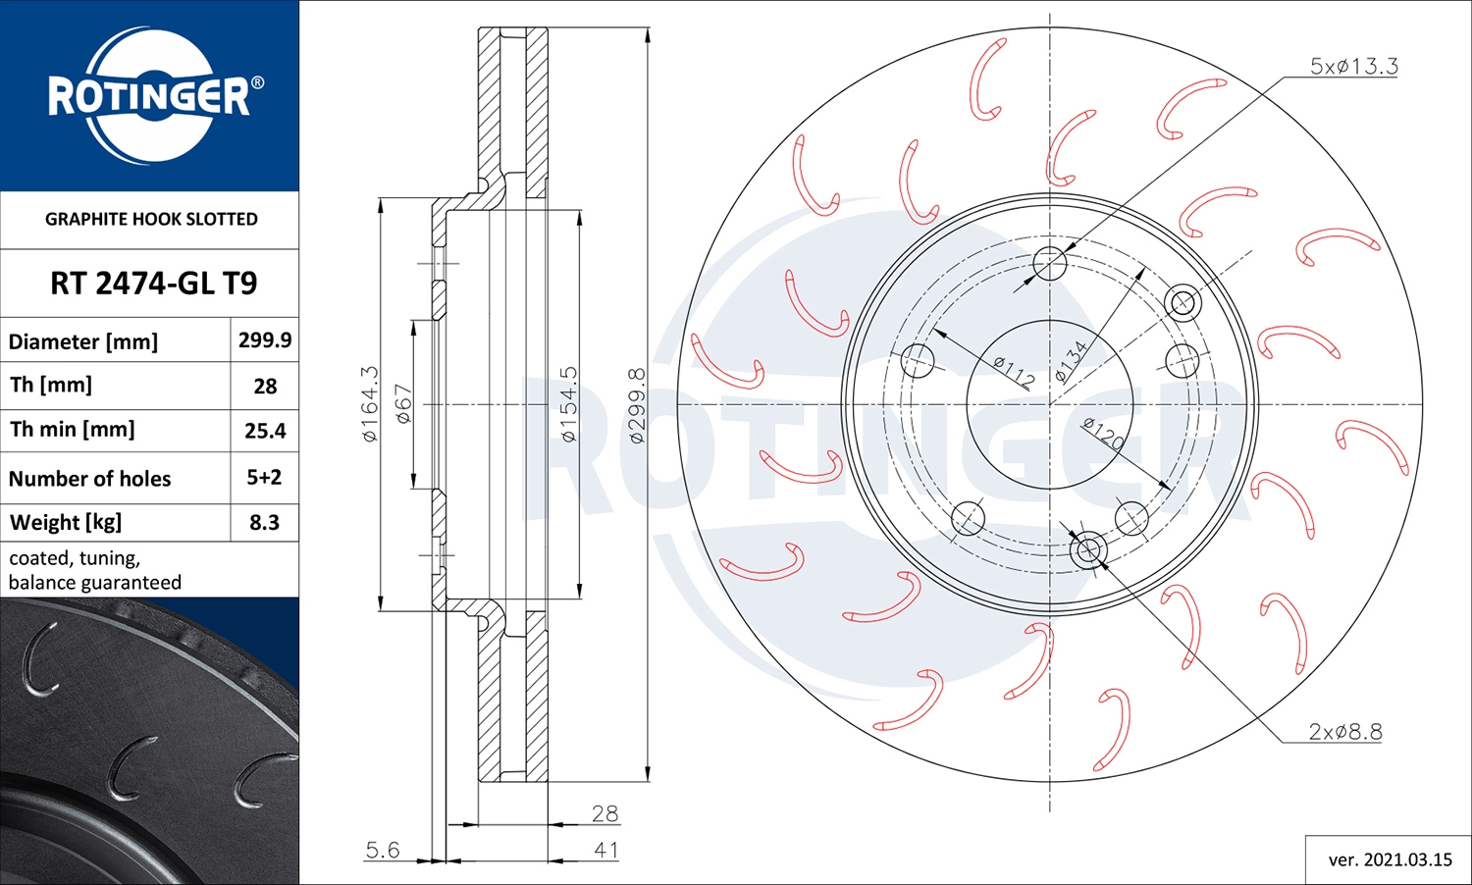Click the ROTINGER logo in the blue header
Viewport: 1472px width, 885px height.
pyautogui.click(x=150, y=95)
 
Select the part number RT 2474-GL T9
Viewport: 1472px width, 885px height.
pyautogui.click(x=153, y=283)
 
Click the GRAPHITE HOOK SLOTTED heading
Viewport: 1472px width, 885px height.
pyautogui.click(x=151, y=219)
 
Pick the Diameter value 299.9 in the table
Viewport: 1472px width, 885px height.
pyautogui.click(x=264, y=339)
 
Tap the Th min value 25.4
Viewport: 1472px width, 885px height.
pyautogui.click(x=265, y=431)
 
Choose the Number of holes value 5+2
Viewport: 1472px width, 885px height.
pyautogui.click(x=264, y=477)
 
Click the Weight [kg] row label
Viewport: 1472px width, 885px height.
pyautogui.click(x=66, y=522)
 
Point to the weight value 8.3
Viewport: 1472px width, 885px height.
pyautogui.click(x=264, y=522)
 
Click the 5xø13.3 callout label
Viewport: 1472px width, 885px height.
pyautogui.click(x=1353, y=66)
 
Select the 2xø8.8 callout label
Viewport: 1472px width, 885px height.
pyautogui.click(x=1344, y=731)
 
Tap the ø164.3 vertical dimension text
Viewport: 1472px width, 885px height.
pyautogui.click(x=370, y=403)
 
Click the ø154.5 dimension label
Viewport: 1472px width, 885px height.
pyautogui.click(x=569, y=403)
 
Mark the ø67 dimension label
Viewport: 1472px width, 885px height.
pyautogui.click(x=403, y=403)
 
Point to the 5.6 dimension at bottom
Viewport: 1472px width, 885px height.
pyautogui.click(x=382, y=849)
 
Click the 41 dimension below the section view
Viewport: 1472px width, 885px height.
pyautogui.click(x=605, y=850)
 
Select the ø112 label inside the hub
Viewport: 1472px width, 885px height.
pyautogui.click(x=1013, y=372)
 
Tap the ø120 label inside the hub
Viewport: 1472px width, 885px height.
pyautogui.click(x=1103, y=433)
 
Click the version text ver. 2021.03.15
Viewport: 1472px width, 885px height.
pyautogui.click(x=1390, y=859)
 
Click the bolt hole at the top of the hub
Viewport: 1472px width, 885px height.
pyautogui.click(x=1050, y=263)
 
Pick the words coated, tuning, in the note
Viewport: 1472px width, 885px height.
pyautogui.click(x=75, y=557)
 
